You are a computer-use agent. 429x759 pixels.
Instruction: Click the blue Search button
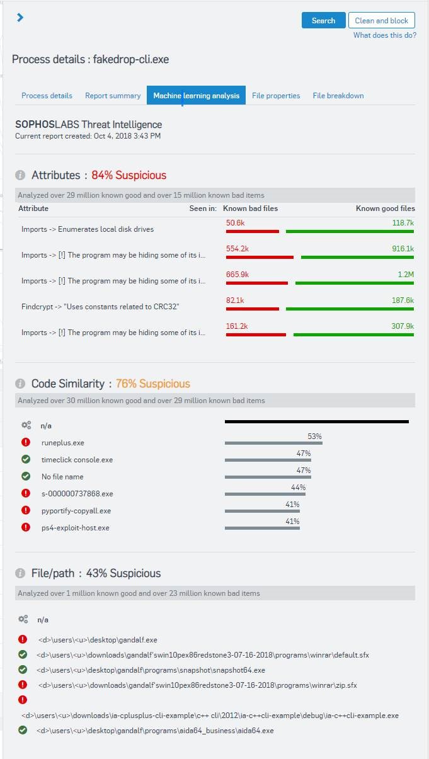[x=323, y=20]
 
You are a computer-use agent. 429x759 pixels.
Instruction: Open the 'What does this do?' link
[x=384, y=35]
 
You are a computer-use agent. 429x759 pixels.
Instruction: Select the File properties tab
[x=276, y=96]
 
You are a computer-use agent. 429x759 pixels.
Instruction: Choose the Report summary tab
[x=113, y=96]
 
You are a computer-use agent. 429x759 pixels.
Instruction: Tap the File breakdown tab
[x=338, y=96]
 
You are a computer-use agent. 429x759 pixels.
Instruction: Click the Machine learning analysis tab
[x=196, y=96]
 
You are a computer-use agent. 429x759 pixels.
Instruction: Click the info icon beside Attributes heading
[x=20, y=175]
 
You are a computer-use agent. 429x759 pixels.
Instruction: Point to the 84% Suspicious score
[x=129, y=175]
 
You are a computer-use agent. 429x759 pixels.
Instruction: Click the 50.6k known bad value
[x=235, y=222]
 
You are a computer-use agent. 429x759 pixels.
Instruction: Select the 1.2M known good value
[x=405, y=274]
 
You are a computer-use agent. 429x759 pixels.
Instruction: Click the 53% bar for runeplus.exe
[x=273, y=443]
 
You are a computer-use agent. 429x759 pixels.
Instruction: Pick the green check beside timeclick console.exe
[x=26, y=460]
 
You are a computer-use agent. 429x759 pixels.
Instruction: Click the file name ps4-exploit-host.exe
[x=76, y=528]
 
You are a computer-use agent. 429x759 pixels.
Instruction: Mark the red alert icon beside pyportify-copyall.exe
[x=26, y=511]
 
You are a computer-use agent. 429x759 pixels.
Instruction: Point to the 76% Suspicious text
[x=152, y=384]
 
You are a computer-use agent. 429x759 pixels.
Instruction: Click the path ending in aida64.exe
[x=155, y=731]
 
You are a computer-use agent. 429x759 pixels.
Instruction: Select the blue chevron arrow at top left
[x=20, y=18]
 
